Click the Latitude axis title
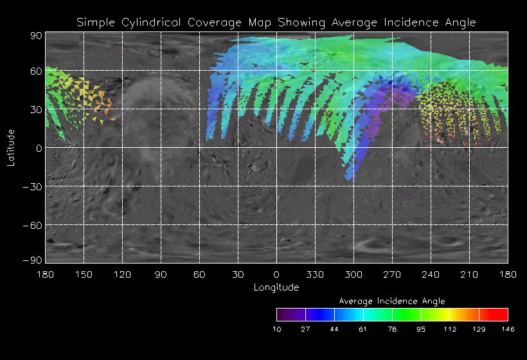tap(11, 147)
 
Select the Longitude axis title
tap(276, 287)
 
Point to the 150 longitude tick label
tap(84, 274)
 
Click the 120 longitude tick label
tap(122, 274)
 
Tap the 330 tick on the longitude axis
tap(315, 274)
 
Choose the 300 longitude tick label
tap(353, 274)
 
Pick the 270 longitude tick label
tap(392, 274)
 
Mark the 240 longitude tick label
tap(431, 274)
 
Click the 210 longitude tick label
tap(469, 274)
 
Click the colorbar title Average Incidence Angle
tap(392, 301)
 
